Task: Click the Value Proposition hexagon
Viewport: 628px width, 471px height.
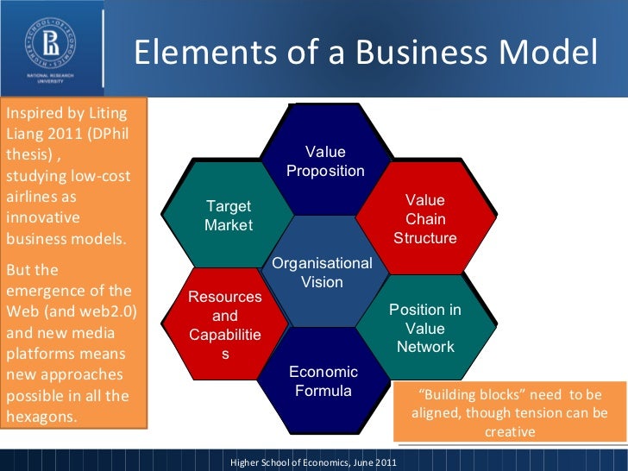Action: (x=325, y=161)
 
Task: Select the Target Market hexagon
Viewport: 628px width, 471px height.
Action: (x=229, y=216)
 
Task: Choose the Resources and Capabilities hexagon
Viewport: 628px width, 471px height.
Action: (x=225, y=325)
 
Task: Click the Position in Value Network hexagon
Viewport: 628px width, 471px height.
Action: (x=425, y=328)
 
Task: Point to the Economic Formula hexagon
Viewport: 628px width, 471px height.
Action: (x=323, y=381)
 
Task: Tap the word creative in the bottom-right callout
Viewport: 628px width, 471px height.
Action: (x=509, y=430)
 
